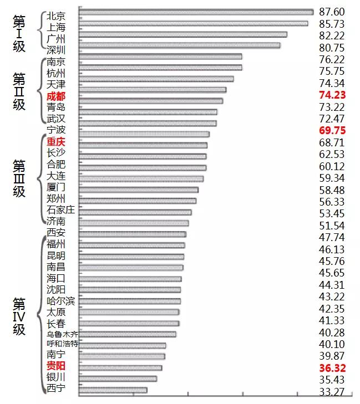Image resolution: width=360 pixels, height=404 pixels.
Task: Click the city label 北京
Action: (x=56, y=16)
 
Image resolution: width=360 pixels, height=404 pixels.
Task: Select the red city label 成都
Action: (x=56, y=96)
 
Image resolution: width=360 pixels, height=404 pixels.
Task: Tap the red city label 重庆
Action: (x=56, y=141)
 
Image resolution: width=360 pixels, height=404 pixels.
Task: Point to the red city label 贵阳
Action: (x=56, y=366)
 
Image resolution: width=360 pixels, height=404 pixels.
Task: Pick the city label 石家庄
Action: (x=61, y=209)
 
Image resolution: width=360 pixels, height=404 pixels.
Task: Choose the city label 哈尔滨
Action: (x=61, y=301)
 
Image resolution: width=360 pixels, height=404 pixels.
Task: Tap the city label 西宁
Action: (x=56, y=387)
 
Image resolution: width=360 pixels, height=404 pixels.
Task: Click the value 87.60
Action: (x=332, y=12)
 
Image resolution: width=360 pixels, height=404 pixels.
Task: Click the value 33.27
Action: (x=332, y=392)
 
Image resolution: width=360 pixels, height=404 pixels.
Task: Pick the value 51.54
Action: (x=332, y=226)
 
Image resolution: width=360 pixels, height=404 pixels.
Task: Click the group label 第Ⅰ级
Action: (x=19, y=34)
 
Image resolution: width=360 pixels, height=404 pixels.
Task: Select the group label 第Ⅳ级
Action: (x=19, y=316)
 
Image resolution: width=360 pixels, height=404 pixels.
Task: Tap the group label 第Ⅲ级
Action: (x=19, y=178)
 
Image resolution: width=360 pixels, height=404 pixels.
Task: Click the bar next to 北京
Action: (x=196, y=12)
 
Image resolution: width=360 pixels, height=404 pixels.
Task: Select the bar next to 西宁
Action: (x=113, y=390)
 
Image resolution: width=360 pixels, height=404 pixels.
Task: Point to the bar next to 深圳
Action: (x=180, y=45)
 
